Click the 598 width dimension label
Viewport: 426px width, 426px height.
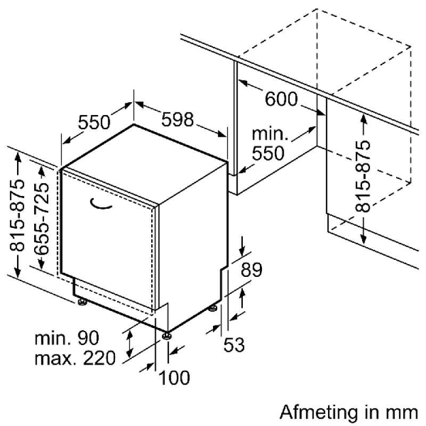click(x=177, y=120)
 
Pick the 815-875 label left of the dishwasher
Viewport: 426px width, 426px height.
click(x=18, y=215)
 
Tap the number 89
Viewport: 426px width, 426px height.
click(x=251, y=271)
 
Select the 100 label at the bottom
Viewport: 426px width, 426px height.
click(x=174, y=378)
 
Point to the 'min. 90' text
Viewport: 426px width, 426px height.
click(x=67, y=338)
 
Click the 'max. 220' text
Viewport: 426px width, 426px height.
click(x=75, y=358)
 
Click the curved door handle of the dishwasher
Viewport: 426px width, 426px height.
click(x=100, y=204)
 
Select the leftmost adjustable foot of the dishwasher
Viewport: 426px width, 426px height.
click(x=82, y=303)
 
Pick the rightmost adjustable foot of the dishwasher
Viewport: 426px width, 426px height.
click(x=212, y=307)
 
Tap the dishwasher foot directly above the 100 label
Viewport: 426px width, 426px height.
click(x=167, y=335)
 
